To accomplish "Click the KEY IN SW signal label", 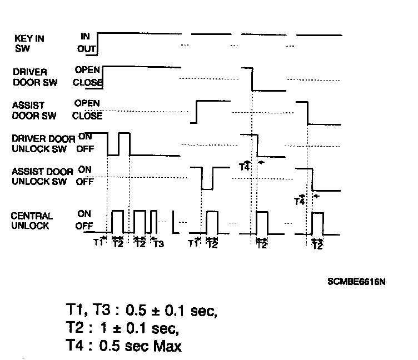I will pos(29,43).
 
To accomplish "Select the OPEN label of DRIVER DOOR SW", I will pos(87,70).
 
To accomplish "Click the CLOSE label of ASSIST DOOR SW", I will pos(87,116).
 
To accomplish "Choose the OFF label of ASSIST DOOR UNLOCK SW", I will pos(84,181).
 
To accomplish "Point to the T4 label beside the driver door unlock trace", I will pos(244,166).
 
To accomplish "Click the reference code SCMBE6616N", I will pos(356,282).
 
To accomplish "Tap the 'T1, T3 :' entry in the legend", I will pos(92,310).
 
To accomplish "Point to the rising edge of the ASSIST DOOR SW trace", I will pos(197,111).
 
